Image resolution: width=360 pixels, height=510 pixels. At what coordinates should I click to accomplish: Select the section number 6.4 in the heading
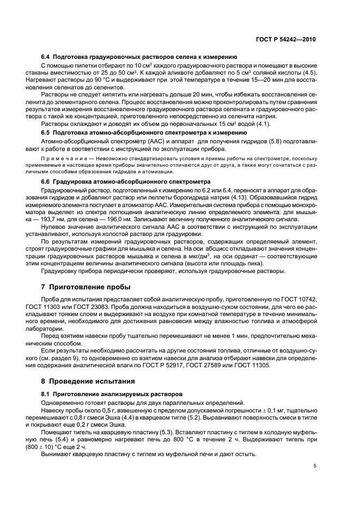click(x=46, y=57)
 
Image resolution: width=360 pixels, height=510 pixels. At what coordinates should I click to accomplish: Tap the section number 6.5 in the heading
click(x=46, y=132)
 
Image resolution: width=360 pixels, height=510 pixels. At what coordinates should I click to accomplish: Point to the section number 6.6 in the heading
click(x=46, y=181)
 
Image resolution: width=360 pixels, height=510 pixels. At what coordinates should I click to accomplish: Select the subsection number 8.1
click(x=46, y=394)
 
